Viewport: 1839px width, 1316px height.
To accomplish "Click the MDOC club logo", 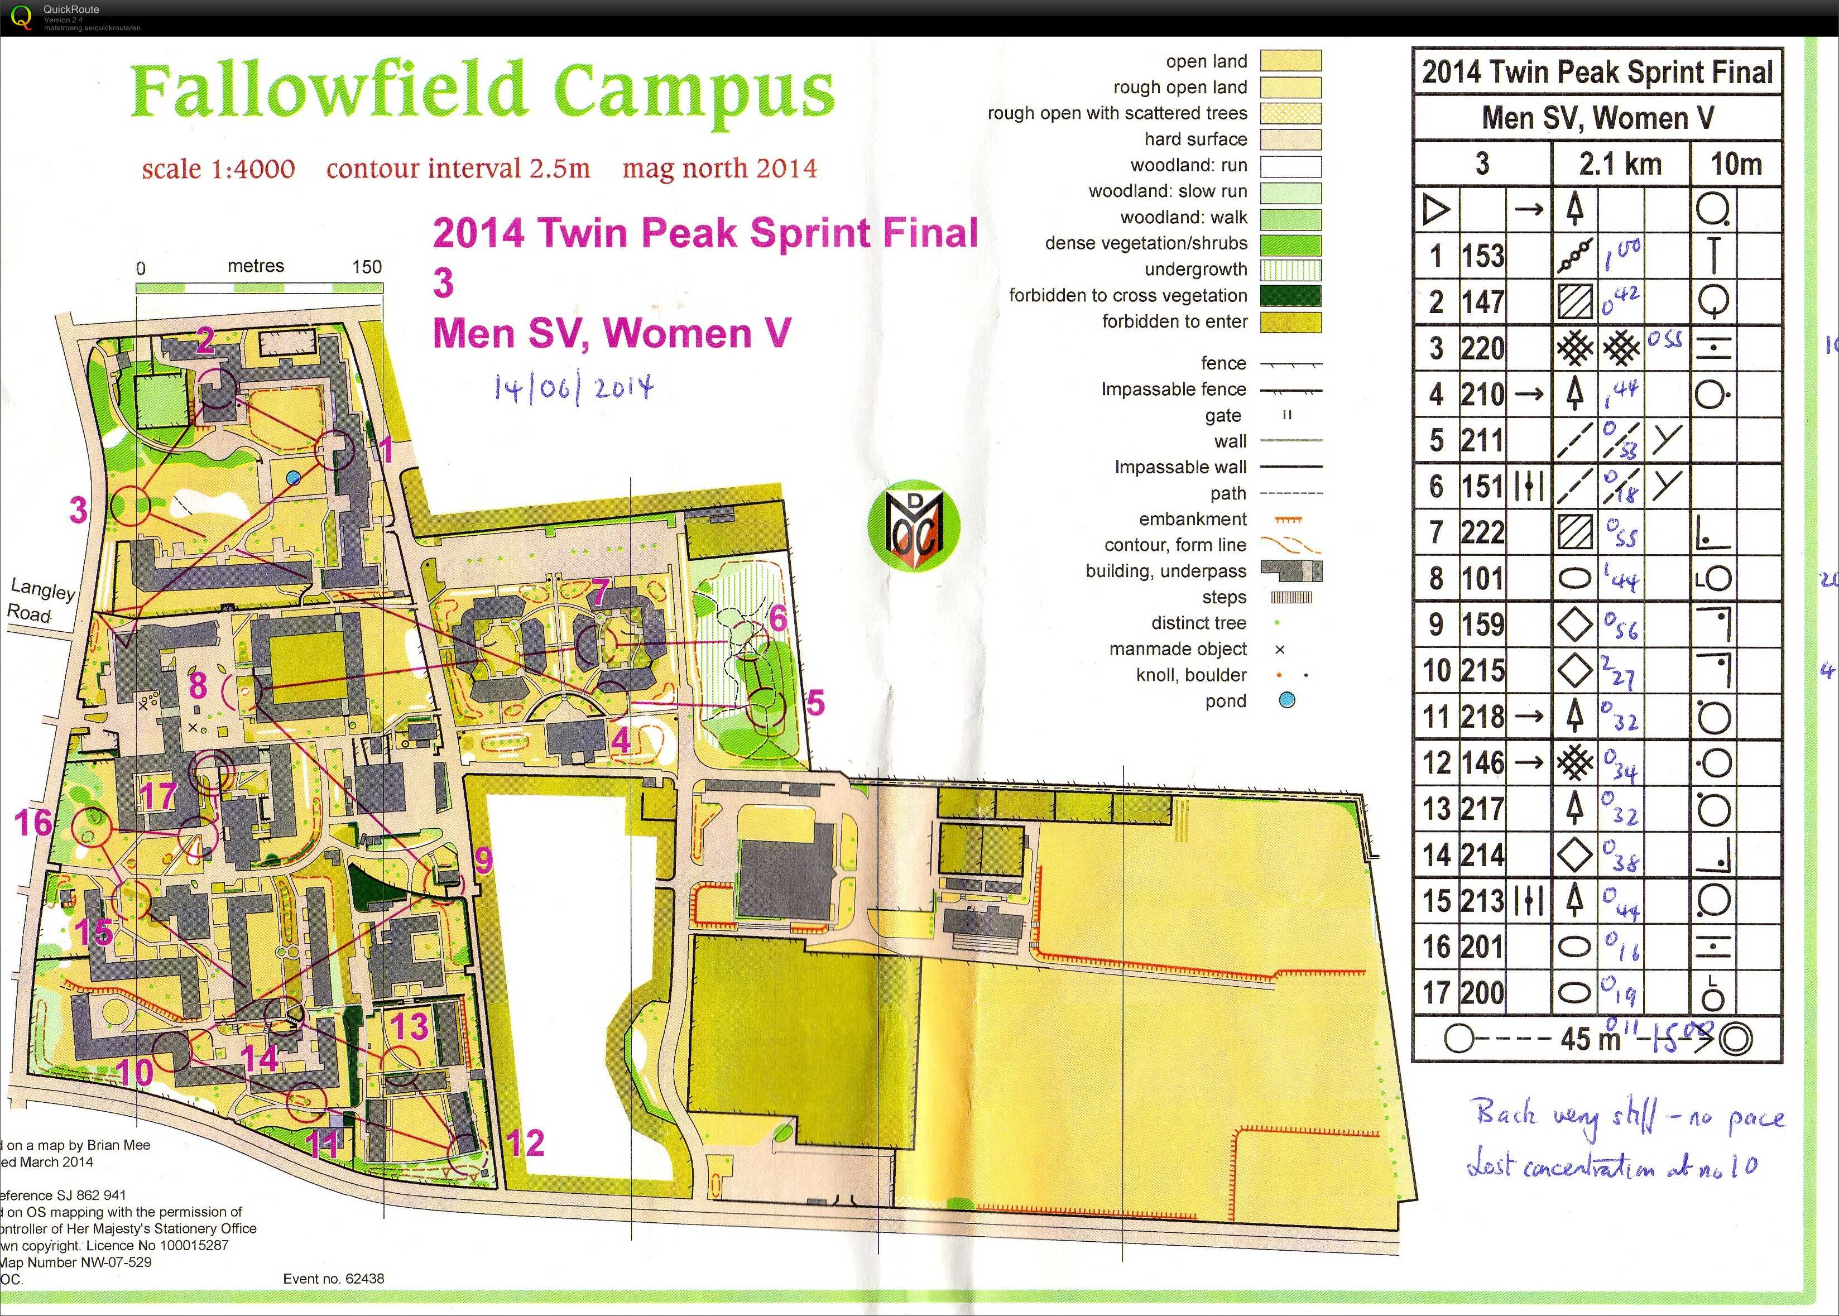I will pyautogui.click(x=914, y=526).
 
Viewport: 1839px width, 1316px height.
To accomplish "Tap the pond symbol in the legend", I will pyautogui.click(x=1286, y=701).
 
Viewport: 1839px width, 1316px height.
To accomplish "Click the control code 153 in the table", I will pyautogui.click(x=1482, y=256).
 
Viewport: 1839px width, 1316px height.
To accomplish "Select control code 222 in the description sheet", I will pyautogui.click(x=1482, y=532).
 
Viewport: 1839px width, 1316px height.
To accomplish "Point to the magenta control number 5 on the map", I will pyautogui.click(x=815, y=703).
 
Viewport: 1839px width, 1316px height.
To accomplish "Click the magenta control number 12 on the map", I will pyautogui.click(x=525, y=1144).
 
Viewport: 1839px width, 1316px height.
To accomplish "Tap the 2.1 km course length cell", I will pyautogui.click(x=1620, y=165).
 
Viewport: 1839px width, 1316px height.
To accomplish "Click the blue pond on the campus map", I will pyautogui.click(x=293, y=478).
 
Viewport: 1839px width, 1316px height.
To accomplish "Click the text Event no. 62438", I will pyautogui.click(x=334, y=1279).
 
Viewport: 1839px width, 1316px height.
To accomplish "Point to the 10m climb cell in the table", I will pyautogui.click(x=1735, y=165).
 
